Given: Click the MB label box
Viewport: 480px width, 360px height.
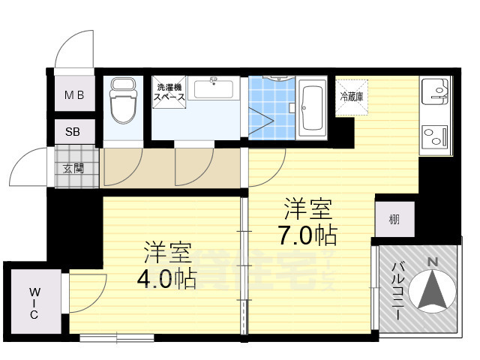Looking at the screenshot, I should [x=73, y=95].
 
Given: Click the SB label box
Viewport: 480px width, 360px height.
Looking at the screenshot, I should [x=73, y=132].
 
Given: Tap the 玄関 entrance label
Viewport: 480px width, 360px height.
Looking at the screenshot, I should [x=73, y=167].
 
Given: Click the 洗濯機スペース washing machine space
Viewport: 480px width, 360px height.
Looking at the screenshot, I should [x=169, y=92].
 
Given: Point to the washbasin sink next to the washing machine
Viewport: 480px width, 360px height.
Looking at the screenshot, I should [x=215, y=90].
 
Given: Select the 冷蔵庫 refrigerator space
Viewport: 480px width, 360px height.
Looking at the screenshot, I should [x=351, y=97].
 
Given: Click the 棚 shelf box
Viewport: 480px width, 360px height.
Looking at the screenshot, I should [x=394, y=219].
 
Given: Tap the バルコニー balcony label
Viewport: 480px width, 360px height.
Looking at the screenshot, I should [x=398, y=289].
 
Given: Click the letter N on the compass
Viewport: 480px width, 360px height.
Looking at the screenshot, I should [x=431, y=261].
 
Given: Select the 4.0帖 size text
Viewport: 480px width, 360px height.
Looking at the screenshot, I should [x=166, y=279].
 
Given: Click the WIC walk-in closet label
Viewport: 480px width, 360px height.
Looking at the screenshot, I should [x=34, y=303].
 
